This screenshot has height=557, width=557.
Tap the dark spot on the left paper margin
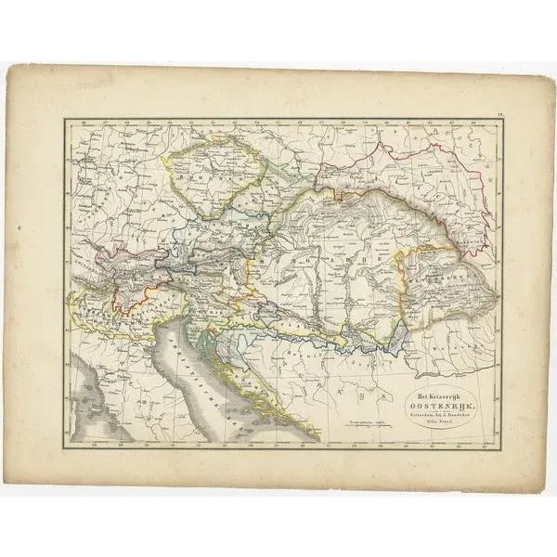tap(20, 226)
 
